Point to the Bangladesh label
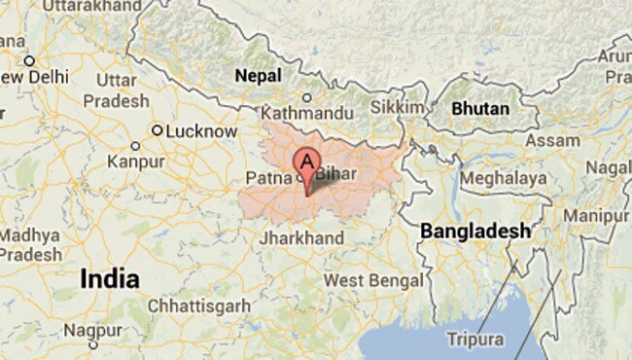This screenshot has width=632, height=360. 475,231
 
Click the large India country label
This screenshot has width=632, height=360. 109,278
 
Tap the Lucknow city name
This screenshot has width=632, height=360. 202,130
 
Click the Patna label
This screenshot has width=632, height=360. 268,178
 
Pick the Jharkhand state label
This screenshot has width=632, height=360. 302,238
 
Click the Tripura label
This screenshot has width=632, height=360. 476,340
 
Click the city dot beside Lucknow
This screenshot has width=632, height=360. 157,130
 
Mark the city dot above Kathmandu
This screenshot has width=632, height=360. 307,97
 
